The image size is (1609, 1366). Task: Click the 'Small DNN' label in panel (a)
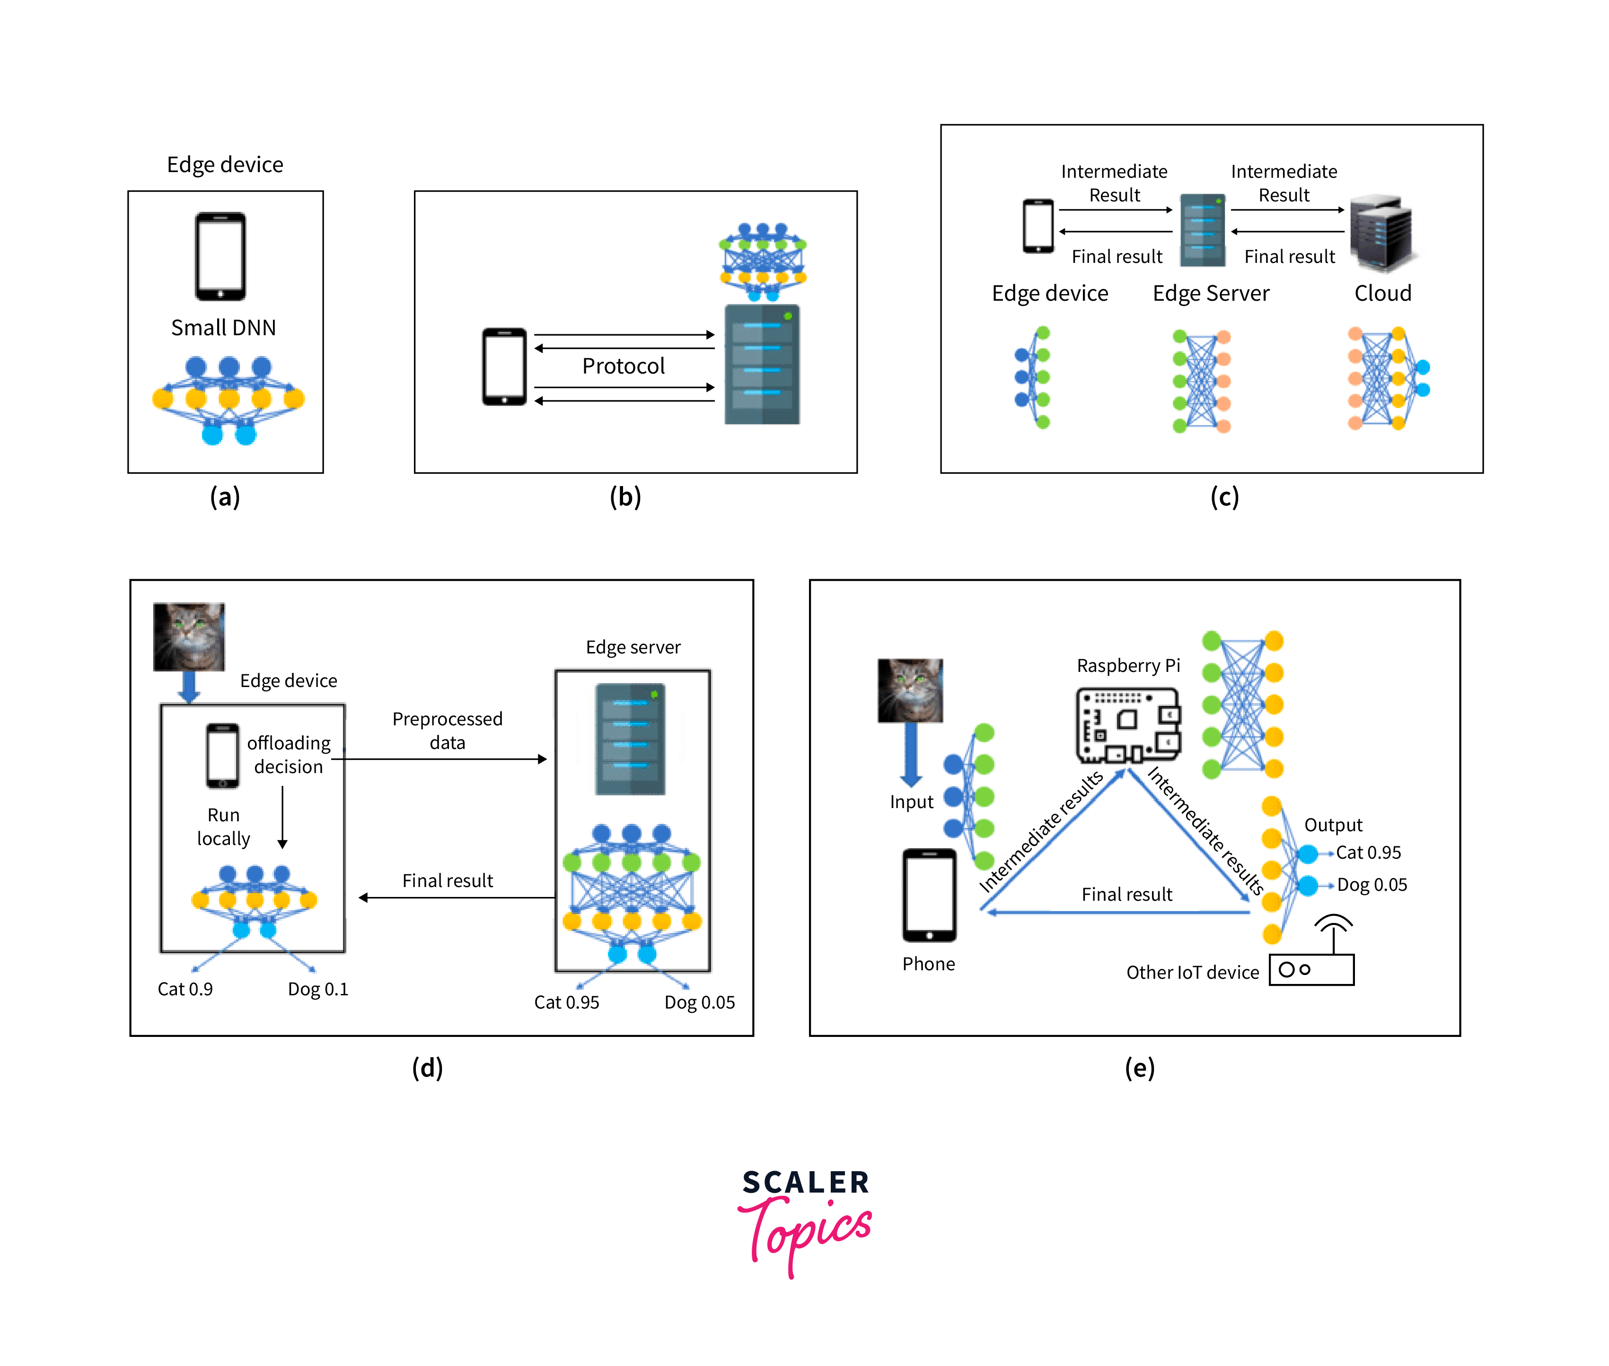click(x=223, y=328)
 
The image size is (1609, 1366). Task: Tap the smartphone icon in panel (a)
click(x=221, y=256)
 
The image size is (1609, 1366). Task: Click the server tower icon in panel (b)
click(x=762, y=364)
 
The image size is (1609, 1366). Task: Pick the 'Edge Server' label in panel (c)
click(x=1210, y=294)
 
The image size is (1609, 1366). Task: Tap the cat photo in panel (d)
click(x=189, y=636)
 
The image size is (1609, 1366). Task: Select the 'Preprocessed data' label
click(x=447, y=730)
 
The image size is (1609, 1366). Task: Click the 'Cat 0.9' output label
click(x=185, y=989)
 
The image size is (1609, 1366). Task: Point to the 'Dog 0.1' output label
click(x=317, y=989)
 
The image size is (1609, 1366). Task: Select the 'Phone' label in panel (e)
click(x=928, y=964)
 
